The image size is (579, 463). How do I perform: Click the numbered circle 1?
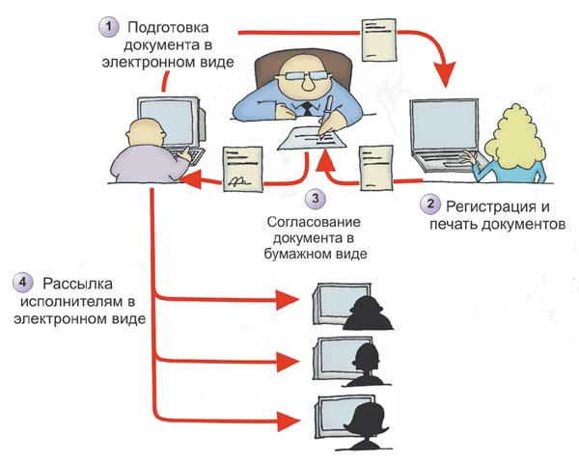(x=108, y=25)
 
